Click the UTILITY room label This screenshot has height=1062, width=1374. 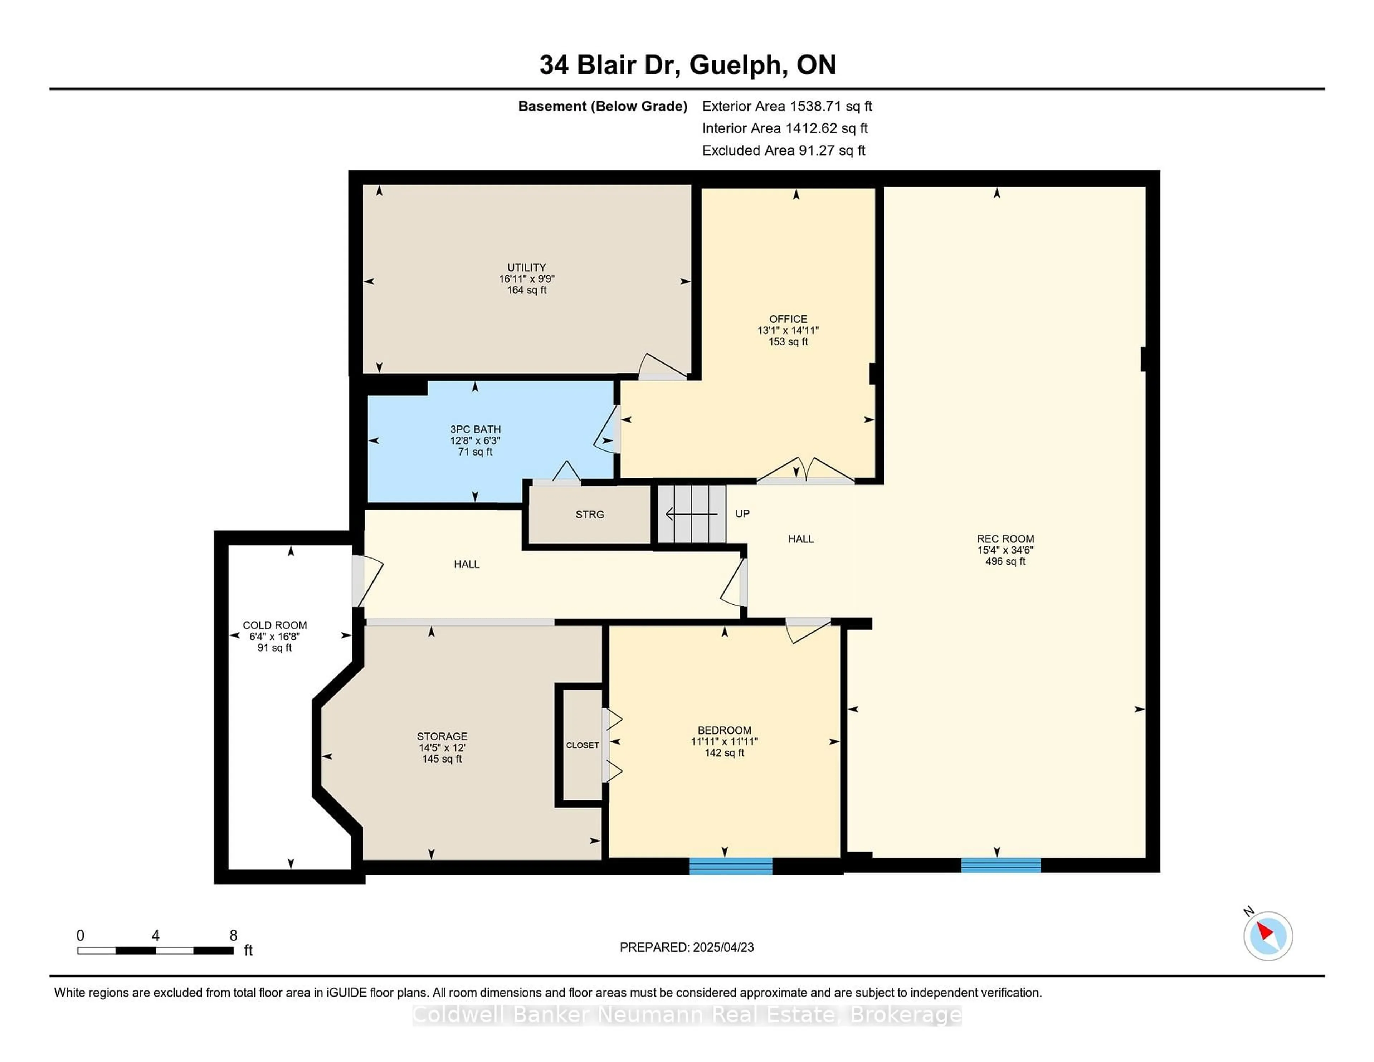527,267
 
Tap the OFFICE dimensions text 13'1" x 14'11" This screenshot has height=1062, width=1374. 788,330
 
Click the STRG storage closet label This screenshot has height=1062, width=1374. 589,515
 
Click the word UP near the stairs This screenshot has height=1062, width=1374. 742,513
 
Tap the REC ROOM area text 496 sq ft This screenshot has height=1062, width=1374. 1005,561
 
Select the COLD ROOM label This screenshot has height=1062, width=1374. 275,625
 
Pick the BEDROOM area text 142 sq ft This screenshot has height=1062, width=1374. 724,753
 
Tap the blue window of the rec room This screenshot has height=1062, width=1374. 1000,865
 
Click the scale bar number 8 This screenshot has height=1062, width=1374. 233,936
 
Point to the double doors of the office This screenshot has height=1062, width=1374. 805,471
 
